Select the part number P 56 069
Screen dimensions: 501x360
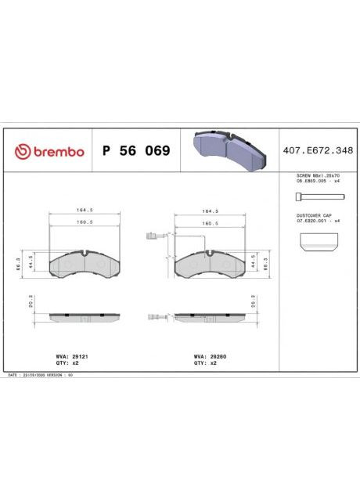click(135, 151)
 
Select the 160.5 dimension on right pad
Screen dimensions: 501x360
click(208, 222)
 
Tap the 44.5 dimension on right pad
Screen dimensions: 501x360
click(253, 261)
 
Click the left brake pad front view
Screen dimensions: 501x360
click(83, 265)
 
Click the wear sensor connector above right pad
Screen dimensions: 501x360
click(152, 236)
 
